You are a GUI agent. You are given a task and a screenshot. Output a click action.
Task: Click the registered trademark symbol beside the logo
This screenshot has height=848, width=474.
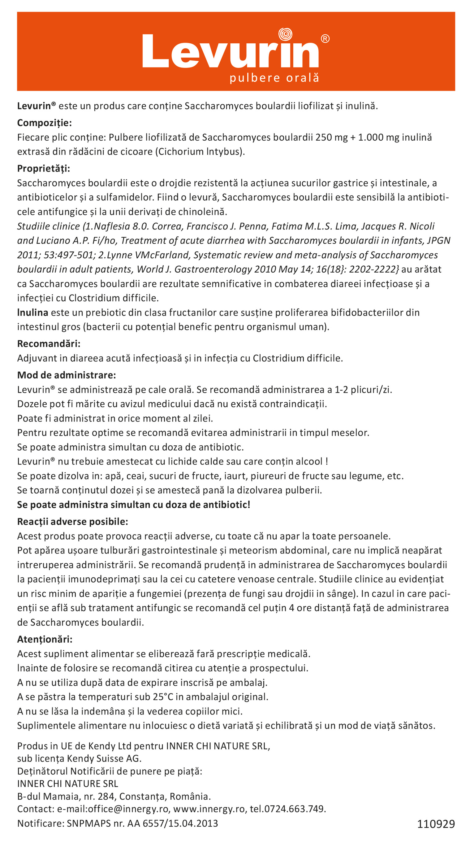tap(325, 39)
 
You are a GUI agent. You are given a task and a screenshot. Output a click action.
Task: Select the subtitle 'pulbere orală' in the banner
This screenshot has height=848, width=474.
tap(274, 78)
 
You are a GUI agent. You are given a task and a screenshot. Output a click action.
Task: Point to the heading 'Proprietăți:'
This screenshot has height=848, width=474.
tap(43, 168)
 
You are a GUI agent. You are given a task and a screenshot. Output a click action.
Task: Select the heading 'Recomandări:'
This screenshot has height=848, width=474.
tap(49, 344)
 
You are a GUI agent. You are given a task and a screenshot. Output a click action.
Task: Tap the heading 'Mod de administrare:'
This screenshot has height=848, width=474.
tap(67, 375)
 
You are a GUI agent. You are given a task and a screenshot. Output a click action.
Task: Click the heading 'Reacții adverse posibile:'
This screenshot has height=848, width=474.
tap(72, 522)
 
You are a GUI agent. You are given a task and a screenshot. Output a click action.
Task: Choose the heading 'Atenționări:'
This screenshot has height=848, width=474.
tap(45, 639)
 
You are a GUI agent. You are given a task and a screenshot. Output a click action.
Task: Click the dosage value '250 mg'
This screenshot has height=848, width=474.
tap(331, 137)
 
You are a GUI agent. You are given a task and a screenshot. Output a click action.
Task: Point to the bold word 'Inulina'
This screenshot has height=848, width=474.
tap(32, 313)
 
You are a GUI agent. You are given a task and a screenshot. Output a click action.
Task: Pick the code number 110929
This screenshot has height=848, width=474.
tap(436, 824)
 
